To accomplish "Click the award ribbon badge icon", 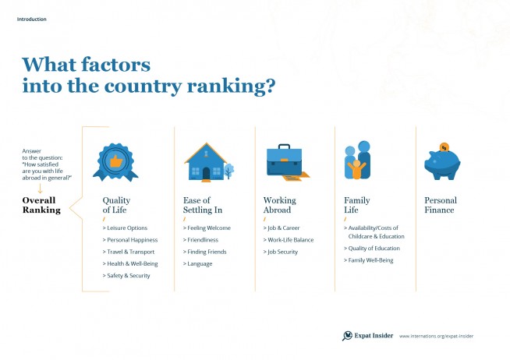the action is (x=115, y=162).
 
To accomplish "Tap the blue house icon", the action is (x=206, y=162).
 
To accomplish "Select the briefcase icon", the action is (x=285, y=161).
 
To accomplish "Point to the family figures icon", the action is (x=357, y=160).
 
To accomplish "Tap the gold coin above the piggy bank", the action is (x=444, y=147).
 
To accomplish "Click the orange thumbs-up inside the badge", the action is (x=115, y=161).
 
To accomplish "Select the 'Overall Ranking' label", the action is (x=41, y=205).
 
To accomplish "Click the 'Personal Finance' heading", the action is (x=441, y=205).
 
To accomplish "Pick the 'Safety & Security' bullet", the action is (x=126, y=276).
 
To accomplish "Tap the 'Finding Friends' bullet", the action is (x=204, y=252).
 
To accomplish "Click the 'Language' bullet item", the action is (x=198, y=264).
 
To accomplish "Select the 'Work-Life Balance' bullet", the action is (x=289, y=240).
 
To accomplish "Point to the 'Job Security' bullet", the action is (x=281, y=252).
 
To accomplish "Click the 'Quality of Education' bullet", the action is (x=372, y=249).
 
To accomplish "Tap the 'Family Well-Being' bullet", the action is (x=369, y=260).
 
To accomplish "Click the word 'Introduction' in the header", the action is (x=31, y=19).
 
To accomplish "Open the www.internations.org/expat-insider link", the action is (x=436, y=337).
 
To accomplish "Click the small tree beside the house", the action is (x=229, y=171).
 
